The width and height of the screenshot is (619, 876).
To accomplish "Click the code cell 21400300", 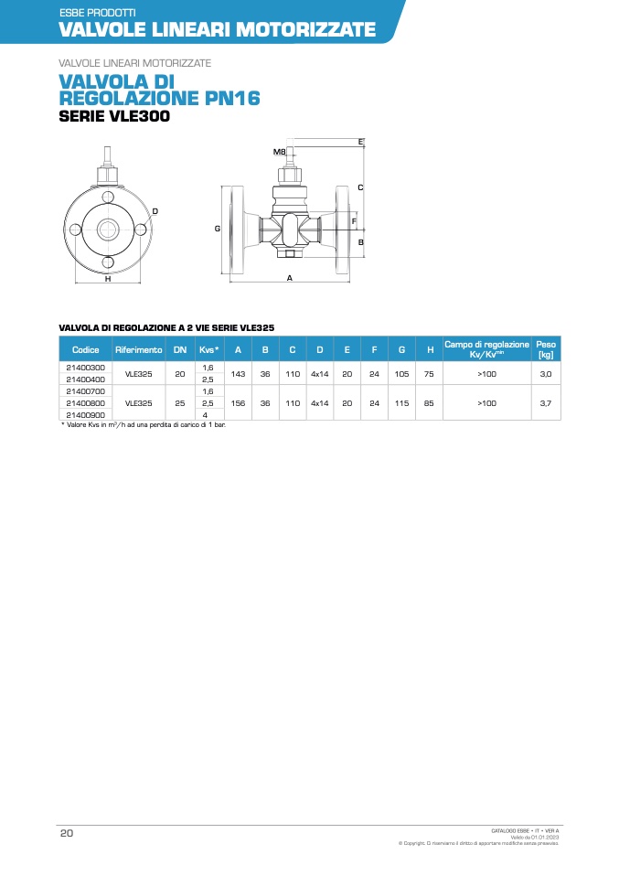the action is [85, 368].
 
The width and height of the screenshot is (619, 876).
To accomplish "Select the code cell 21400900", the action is [85, 414].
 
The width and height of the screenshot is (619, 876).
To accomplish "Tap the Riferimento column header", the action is [139, 349].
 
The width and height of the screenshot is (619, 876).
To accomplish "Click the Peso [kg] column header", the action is [546, 349].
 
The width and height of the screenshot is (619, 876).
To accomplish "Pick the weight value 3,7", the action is [546, 403].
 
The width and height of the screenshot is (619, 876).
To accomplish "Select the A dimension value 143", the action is [238, 374].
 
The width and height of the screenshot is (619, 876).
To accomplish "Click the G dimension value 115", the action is [401, 403].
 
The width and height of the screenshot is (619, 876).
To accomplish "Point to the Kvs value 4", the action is [205, 414].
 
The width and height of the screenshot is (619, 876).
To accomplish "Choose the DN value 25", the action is [180, 403].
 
